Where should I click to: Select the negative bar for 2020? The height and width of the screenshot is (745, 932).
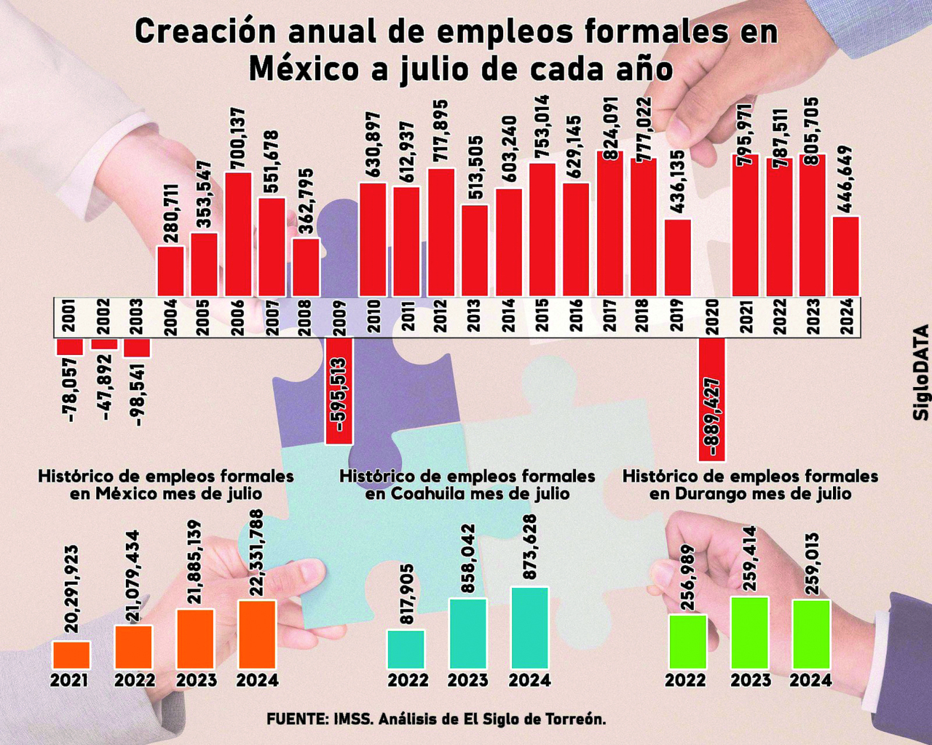tap(712, 399)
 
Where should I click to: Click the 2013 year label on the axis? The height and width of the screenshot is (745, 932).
tap(474, 316)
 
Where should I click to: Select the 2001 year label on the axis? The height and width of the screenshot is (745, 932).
tap(70, 316)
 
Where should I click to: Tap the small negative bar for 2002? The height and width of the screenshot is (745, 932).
tap(104, 343)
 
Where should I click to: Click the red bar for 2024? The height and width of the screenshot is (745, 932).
tap(846, 256)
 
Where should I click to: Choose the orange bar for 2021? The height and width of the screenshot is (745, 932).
tap(71, 655)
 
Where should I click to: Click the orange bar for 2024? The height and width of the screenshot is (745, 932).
tap(257, 634)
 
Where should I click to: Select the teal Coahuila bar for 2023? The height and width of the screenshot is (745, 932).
tap(467, 633)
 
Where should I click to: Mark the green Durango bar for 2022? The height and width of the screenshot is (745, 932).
tap(687, 641)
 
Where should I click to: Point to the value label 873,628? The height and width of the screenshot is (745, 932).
tap(529, 547)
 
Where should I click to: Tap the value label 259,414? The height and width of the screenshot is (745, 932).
tap(749, 559)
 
